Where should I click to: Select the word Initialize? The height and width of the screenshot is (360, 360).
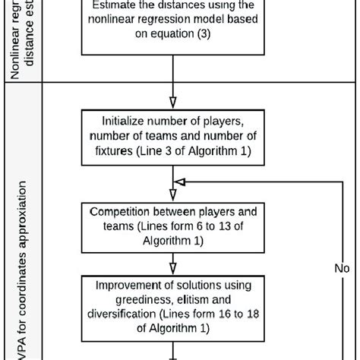pos(125,121)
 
